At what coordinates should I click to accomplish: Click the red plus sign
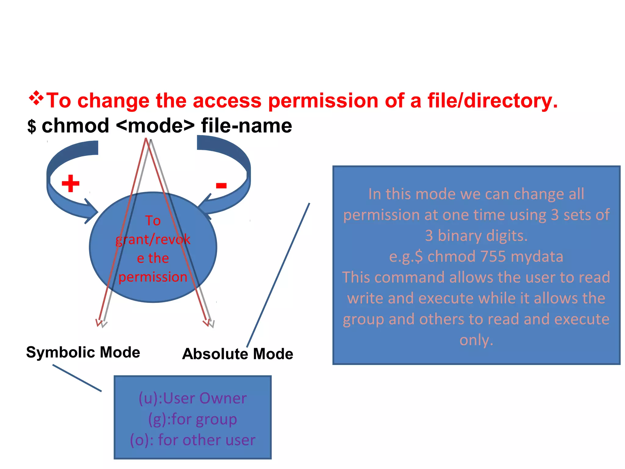tap(70, 183)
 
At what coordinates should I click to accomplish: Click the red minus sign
tap(221, 185)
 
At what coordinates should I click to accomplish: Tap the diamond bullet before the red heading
tap(36, 98)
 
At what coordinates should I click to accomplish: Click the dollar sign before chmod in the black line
tap(31, 126)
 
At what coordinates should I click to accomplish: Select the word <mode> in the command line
tap(155, 126)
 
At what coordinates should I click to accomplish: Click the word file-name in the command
tap(246, 126)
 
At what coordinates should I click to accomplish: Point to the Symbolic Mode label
tap(83, 352)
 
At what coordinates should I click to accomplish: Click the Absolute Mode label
tap(237, 354)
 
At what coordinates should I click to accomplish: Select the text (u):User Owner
tap(193, 398)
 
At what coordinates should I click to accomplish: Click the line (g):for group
tap(193, 419)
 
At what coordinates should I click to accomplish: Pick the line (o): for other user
tap(193, 440)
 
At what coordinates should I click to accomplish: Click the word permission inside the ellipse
tap(153, 277)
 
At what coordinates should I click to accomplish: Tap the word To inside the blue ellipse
tap(153, 220)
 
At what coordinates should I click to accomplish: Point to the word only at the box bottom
tap(476, 340)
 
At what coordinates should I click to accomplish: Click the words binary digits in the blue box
tap(482, 236)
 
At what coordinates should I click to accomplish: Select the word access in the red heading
tap(227, 100)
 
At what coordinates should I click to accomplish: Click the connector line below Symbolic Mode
tap(77, 378)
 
